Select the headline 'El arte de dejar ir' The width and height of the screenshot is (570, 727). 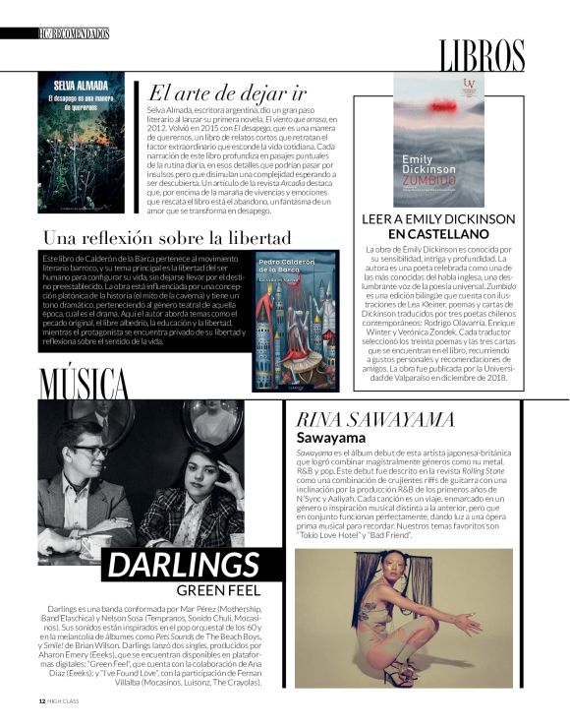(226, 95)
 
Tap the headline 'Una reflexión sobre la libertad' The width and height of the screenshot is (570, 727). (167, 237)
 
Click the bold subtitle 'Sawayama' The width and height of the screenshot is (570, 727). (331, 437)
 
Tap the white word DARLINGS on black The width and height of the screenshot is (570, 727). (183, 566)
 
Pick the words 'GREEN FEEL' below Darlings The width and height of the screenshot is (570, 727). (217, 590)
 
